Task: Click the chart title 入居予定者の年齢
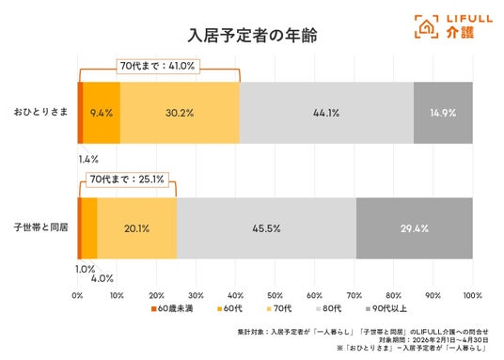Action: click(252, 35)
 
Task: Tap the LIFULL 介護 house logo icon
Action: click(426, 26)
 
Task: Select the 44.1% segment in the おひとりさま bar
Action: click(326, 113)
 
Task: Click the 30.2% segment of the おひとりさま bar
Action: click(180, 113)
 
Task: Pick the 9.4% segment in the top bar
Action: click(102, 113)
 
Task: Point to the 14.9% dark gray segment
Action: click(443, 113)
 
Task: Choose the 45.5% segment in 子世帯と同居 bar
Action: click(266, 228)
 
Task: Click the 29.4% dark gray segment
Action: click(415, 228)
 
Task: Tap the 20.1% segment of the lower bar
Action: click(137, 228)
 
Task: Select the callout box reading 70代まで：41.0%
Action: click(158, 66)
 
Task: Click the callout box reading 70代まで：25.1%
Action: click(127, 180)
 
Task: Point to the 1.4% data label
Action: click(88, 159)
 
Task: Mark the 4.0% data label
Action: click(102, 278)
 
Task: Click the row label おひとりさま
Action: click(40, 112)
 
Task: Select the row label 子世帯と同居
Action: click(40, 227)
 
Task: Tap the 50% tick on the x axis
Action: click(276, 295)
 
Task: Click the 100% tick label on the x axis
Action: click(472, 295)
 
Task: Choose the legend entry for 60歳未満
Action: click(172, 308)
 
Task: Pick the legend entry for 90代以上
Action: click(386, 308)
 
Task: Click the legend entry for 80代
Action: click(329, 308)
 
